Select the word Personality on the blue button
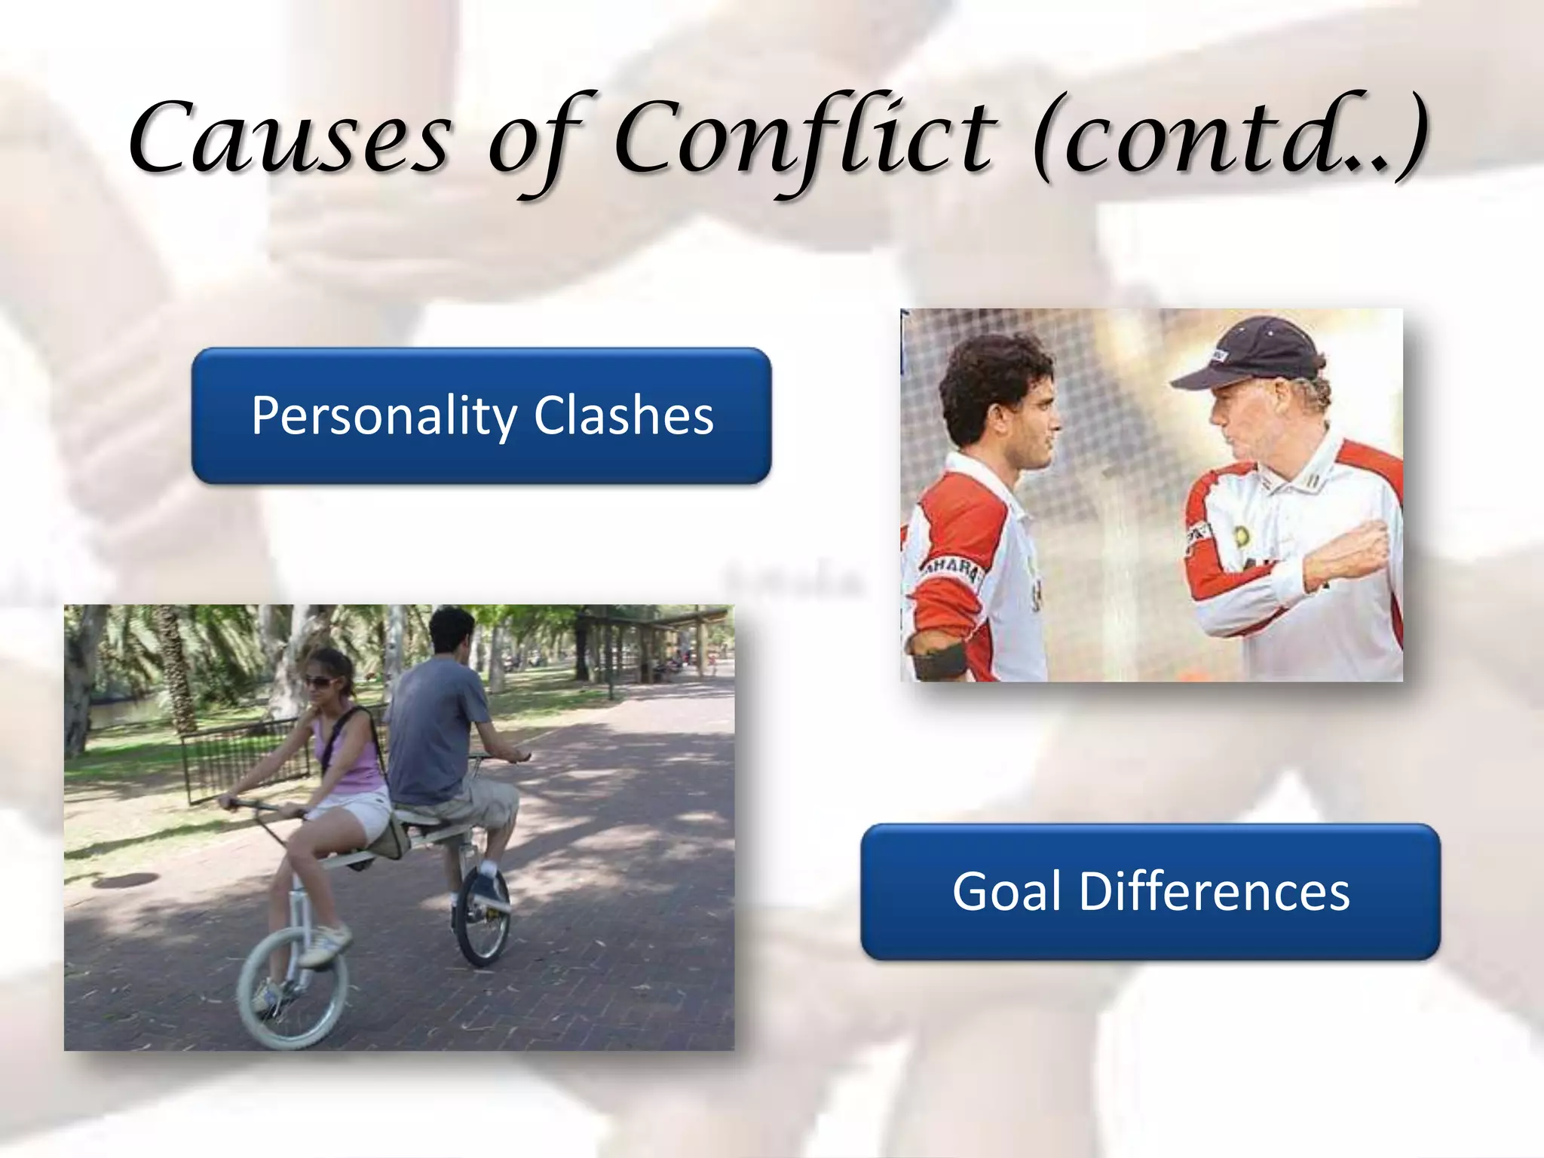click(384, 415)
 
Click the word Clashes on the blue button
click(623, 415)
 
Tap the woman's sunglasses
click(321, 682)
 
